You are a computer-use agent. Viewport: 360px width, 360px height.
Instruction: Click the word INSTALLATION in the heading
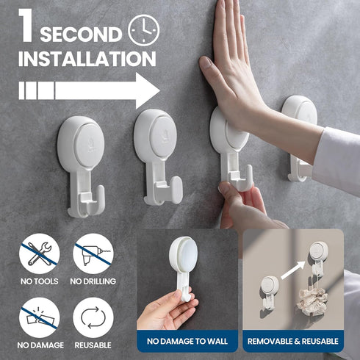point(87,59)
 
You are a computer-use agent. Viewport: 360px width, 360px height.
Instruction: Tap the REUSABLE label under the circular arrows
point(93,344)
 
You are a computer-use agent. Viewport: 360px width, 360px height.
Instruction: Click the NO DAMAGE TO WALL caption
point(187,341)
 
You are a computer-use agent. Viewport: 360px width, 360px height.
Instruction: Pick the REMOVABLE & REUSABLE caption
point(293,341)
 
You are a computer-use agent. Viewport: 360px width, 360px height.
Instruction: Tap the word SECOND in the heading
point(81,35)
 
